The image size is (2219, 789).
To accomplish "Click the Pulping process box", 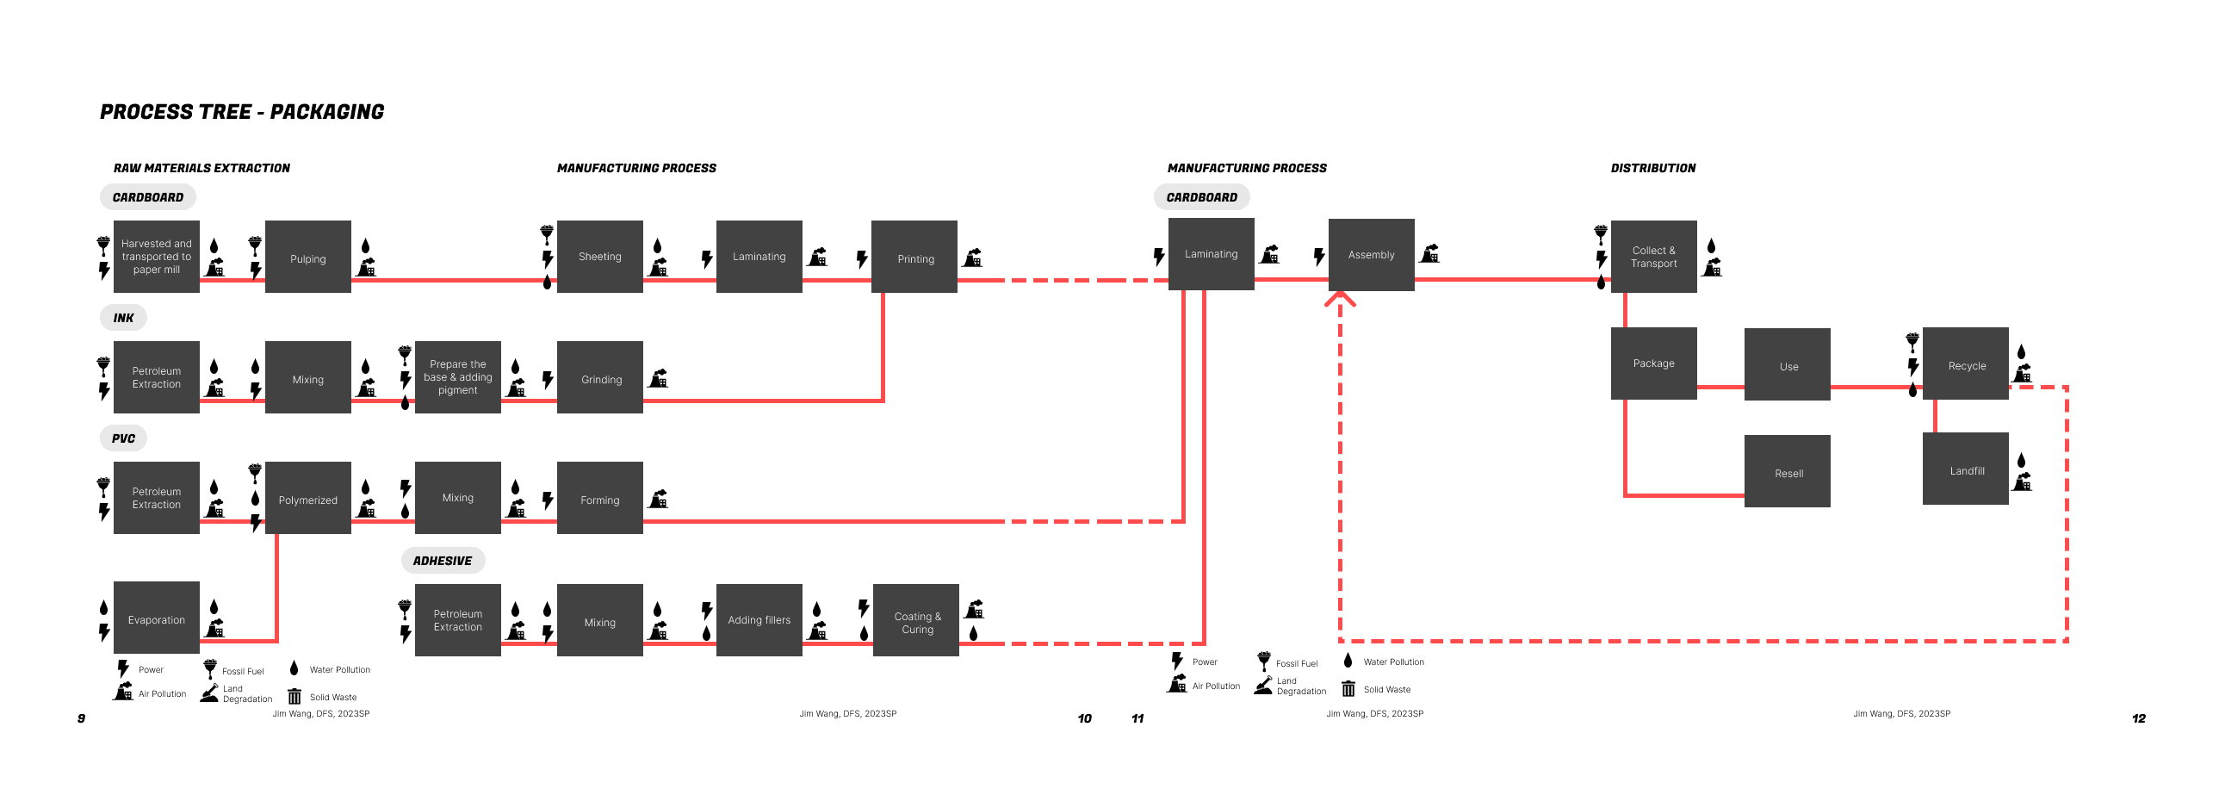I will (307, 258).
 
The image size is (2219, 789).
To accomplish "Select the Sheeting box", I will (599, 257).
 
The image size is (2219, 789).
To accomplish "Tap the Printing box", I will (914, 258).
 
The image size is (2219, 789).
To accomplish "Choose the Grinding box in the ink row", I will (599, 378).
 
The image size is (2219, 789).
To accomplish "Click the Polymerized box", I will (307, 499).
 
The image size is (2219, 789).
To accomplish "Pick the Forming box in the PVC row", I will (599, 499).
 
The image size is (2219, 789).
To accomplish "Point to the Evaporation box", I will (156, 618).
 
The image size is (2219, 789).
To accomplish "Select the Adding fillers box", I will (758, 619).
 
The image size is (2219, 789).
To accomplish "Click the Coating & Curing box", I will (915, 621).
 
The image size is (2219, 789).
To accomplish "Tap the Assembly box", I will (1371, 255).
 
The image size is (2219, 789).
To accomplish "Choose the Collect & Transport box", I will (1653, 257).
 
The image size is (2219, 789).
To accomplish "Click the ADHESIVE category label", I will (443, 561).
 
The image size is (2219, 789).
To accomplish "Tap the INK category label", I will (123, 318).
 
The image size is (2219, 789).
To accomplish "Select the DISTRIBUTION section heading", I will (1652, 168).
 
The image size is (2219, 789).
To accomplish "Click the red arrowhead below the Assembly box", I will (1340, 299).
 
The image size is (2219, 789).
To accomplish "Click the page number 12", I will (2138, 718).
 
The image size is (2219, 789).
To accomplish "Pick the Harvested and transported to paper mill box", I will (156, 257).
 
